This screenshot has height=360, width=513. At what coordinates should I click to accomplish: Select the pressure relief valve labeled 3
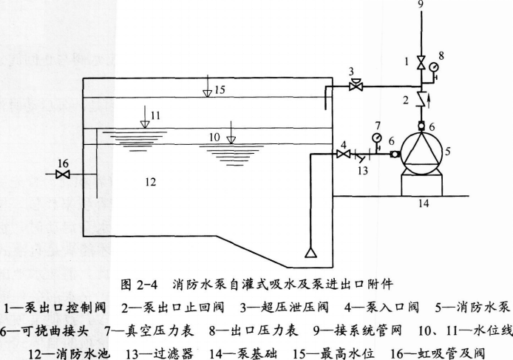(355, 86)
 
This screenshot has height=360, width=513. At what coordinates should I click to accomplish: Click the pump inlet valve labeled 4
(342, 154)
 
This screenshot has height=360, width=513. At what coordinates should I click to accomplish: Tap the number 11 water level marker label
(154, 116)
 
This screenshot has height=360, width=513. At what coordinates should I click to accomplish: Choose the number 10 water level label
(215, 137)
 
